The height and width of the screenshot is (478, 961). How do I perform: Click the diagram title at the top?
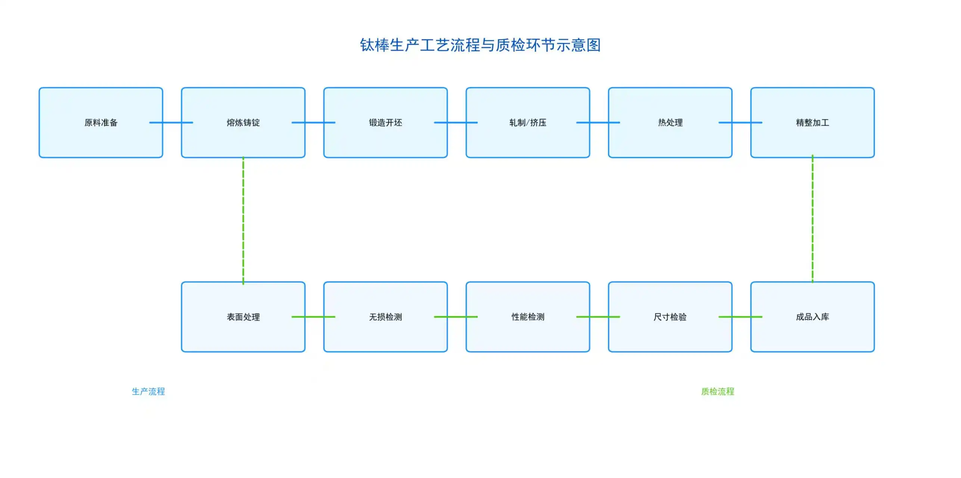click(480, 45)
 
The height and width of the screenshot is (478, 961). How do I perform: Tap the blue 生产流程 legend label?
click(148, 391)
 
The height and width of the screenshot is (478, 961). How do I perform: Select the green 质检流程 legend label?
click(717, 391)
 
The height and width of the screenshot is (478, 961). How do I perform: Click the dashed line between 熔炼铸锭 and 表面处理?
click(243, 220)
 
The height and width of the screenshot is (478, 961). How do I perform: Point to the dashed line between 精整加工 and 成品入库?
click(812, 220)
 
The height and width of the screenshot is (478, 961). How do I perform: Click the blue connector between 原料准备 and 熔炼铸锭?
click(172, 123)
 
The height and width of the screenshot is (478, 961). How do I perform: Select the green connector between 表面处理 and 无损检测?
click(314, 317)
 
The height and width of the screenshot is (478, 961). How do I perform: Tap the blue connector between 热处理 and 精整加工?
click(741, 123)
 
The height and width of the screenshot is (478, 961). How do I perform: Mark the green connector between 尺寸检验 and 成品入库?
click(741, 317)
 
